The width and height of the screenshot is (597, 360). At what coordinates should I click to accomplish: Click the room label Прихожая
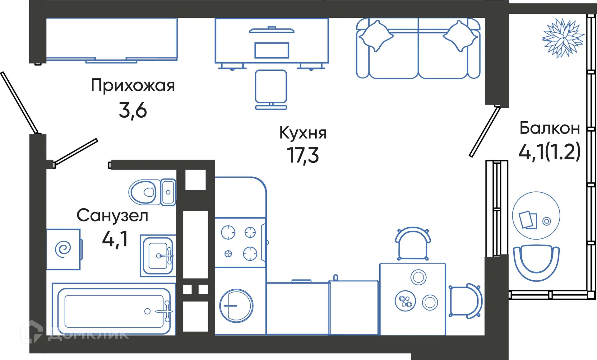(133, 86)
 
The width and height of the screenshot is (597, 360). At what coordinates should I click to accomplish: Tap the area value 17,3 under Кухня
(303, 155)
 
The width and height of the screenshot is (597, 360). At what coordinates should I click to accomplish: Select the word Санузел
(112, 216)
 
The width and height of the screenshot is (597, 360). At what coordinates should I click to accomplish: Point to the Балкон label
(549, 128)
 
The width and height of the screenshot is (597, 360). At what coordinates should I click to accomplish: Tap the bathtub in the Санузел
(114, 309)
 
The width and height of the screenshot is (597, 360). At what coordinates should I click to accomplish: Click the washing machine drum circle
(236, 306)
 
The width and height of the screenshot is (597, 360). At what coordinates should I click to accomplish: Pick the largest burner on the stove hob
(228, 232)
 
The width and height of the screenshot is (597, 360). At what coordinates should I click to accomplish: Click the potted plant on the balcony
(563, 38)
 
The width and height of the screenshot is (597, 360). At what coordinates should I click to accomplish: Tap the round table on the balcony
(536, 216)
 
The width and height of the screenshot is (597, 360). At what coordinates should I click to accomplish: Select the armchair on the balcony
(536, 262)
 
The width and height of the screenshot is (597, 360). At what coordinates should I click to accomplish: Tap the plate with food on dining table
(405, 301)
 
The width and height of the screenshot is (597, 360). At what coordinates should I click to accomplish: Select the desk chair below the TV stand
(271, 87)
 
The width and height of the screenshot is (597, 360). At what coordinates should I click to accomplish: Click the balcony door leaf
(485, 131)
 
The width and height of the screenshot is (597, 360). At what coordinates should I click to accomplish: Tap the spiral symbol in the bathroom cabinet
(63, 249)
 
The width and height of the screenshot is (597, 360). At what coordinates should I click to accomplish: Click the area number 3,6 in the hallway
(133, 110)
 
